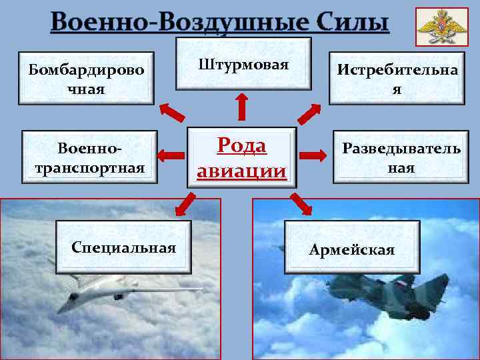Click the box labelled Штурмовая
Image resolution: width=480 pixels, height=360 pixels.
[243, 65]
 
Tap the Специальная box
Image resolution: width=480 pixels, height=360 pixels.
[123, 248]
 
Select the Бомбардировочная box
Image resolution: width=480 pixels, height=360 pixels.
[86, 79]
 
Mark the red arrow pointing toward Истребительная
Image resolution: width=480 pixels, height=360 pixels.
[309, 113]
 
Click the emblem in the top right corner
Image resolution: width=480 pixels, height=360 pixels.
[437, 27]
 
